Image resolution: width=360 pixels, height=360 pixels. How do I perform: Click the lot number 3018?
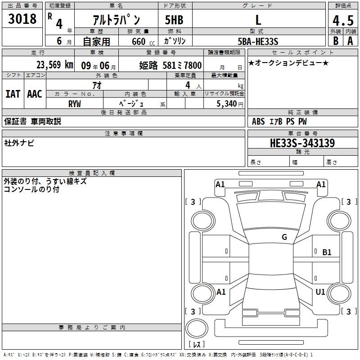pos(22,18)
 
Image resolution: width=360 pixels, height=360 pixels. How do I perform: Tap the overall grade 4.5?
pos(343,20)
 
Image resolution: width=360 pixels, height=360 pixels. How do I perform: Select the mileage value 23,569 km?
pos(54,65)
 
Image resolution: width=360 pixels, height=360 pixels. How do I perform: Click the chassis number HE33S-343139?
pos(302,143)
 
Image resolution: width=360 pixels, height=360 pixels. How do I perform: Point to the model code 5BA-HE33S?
pos(258,41)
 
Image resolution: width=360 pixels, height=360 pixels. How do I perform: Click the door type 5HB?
pos(174,20)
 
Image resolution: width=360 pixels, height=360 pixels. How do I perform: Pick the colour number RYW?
pos(75,104)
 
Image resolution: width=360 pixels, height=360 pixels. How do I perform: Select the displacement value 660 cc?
pos(143,42)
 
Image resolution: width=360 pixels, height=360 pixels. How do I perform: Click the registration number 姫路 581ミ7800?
pos(171,65)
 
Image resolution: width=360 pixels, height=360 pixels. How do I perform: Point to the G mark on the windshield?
pos(284,237)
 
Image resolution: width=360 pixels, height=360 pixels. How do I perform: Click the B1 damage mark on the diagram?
pos(327,252)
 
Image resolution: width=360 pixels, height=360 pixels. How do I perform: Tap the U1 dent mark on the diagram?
pos(320,292)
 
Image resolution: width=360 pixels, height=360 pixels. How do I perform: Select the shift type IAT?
pos(13,94)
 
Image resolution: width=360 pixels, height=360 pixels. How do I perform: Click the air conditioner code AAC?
pos(35,94)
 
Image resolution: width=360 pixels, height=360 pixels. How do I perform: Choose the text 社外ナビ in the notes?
pos(19,143)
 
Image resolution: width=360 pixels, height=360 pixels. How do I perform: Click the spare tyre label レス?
pos(197,344)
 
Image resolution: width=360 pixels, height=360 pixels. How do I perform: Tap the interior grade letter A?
pos(350,41)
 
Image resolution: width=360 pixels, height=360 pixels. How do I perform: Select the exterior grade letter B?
pos(336,41)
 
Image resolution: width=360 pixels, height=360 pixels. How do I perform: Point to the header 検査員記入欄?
pos(92,173)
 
